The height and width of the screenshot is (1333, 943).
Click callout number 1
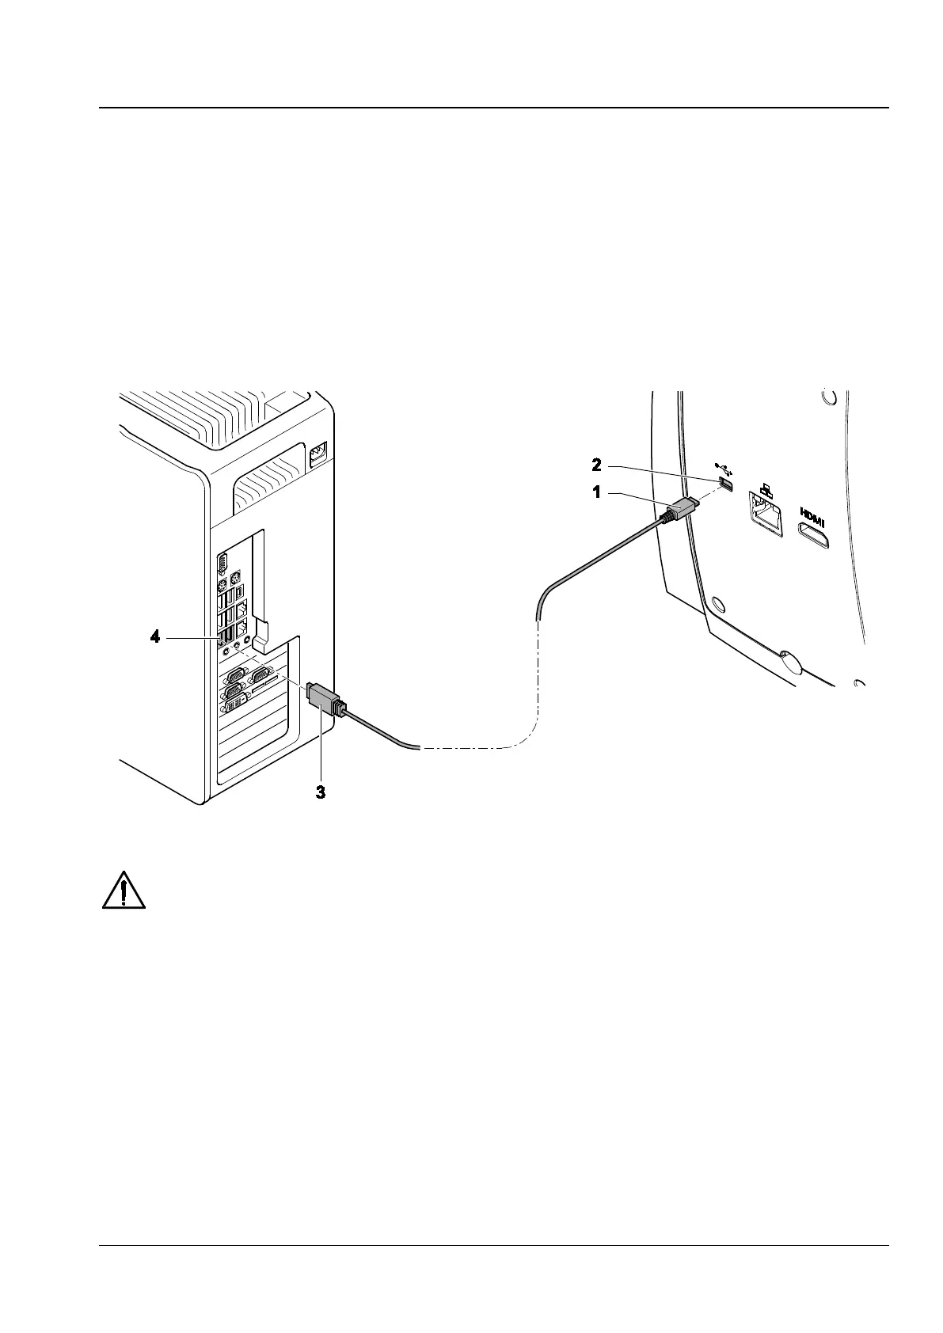click(599, 492)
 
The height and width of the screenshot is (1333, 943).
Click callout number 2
click(599, 465)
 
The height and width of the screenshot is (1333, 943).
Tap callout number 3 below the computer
click(321, 792)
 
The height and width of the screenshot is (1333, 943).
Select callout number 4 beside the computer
click(156, 636)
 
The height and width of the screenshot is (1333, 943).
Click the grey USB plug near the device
click(680, 510)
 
